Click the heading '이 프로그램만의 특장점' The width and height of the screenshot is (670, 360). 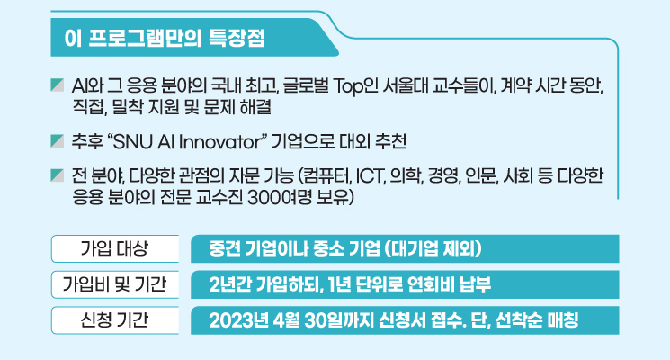(165, 38)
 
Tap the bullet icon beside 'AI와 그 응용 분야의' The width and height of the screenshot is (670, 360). (58, 85)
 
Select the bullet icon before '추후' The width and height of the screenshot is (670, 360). (58, 141)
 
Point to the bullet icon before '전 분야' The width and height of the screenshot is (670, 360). (58, 175)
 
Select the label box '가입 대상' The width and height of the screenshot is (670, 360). (114, 248)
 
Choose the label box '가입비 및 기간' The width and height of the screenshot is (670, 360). (114, 284)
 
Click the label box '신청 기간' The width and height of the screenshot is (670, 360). (114, 320)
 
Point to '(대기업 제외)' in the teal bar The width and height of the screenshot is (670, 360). (433, 248)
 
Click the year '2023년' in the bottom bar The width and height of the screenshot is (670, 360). (236, 320)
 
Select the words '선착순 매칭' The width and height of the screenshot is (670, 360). (537, 320)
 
